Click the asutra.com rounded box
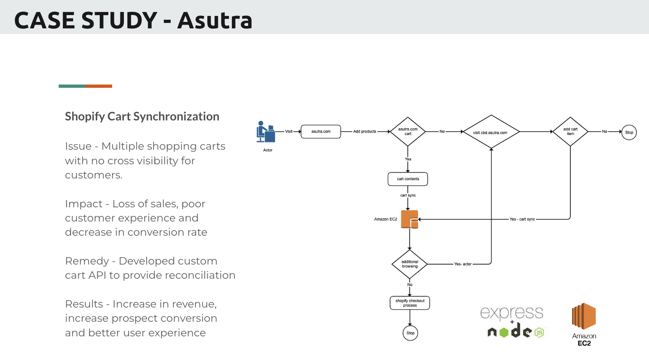321,132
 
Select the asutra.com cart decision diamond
408,132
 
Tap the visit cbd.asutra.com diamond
490,132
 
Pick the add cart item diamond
570,132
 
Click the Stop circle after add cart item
629,132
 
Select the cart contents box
408,179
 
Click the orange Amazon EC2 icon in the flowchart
409,219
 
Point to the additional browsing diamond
409,264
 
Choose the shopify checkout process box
410,303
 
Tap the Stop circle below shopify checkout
410,333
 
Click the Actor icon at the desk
265,132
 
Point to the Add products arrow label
365,132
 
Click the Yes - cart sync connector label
522,219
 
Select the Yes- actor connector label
463,264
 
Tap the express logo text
512,313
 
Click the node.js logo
516,332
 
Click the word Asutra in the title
215,21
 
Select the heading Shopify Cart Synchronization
142,117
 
